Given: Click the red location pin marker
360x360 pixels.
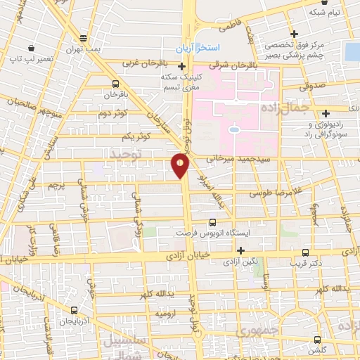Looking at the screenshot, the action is click(x=181, y=165).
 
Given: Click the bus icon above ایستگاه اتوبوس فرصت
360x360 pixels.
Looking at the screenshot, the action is click(x=213, y=222).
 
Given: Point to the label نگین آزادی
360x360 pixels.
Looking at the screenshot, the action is click(x=240, y=261).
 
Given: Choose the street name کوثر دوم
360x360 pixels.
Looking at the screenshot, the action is click(x=112, y=113).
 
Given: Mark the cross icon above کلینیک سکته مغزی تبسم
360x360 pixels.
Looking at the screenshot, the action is click(x=181, y=66).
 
